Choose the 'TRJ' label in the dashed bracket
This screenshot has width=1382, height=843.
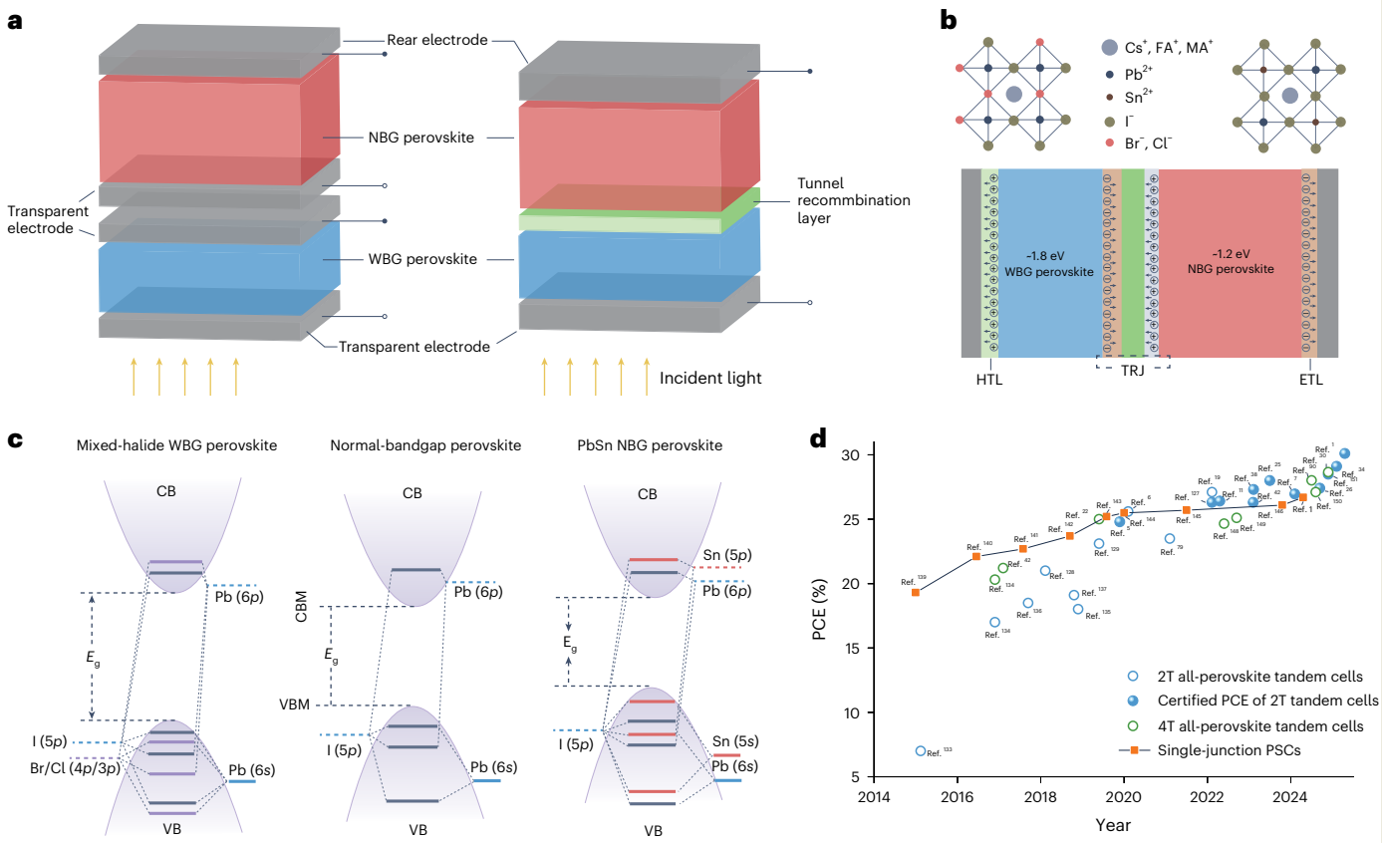coord(1132,368)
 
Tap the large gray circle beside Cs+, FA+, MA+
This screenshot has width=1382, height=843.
coord(1109,48)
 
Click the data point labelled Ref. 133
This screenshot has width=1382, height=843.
coord(920,751)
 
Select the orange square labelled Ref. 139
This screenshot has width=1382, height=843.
coord(915,592)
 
